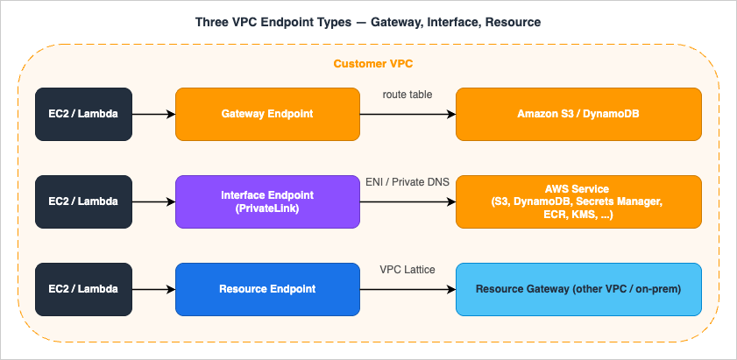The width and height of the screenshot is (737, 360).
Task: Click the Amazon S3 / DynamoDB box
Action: (x=578, y=114)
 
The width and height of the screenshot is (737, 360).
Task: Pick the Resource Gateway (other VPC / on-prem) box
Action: (x=578, y=289)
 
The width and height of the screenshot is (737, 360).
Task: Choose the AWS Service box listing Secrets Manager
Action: (x=578, y=201)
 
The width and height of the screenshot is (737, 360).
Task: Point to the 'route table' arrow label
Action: (x=407, y=94)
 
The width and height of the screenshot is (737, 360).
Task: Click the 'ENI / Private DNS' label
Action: (x=407, y=181)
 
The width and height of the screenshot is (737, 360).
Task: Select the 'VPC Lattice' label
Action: (x=407, y=269)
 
